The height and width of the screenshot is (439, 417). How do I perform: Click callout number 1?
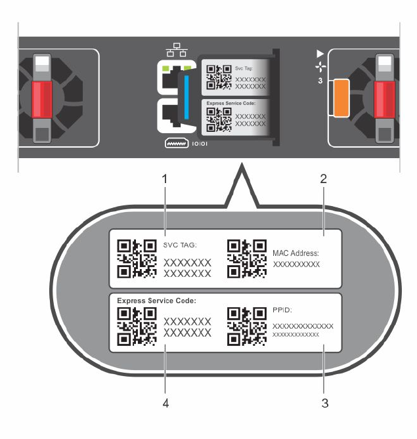click(166, 178)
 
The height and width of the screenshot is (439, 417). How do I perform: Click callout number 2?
click(323, 178)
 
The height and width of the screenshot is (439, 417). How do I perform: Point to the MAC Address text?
click(296, 252)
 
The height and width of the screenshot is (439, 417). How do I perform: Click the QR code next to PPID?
click(246, 325)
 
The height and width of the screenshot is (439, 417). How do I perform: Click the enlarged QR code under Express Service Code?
click(137, 325)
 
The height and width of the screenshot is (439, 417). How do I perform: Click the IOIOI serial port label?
click(199, 142)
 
